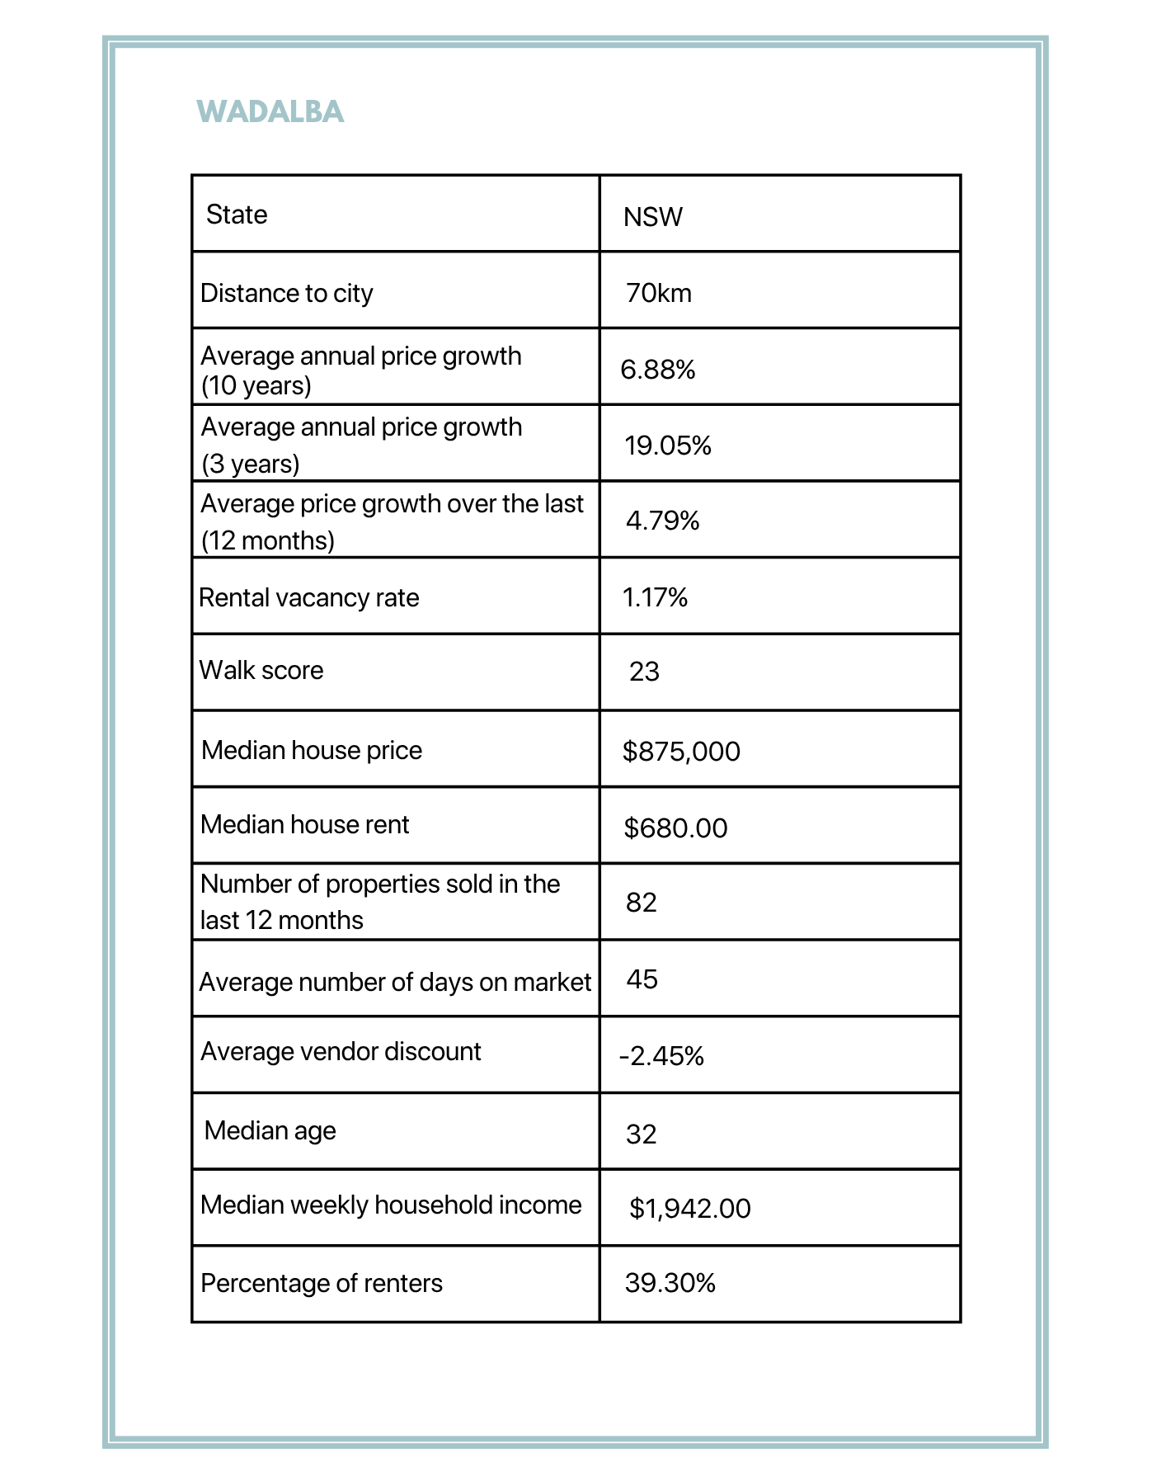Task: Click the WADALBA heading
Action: click(270, 111)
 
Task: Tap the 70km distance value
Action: click(658, 293)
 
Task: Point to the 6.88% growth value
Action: click(657, 370)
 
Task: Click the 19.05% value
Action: click(667, 446)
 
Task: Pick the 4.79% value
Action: click(662, 521)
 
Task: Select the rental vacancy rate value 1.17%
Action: click(655, 597)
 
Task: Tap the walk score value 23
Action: click(644, 672)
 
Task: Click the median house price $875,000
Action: click(681, 752)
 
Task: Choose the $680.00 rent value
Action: click(675, 828)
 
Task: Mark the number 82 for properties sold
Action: click(641, 903)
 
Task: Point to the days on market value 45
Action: click(642, 979)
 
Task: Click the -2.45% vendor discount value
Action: click(661, 1056)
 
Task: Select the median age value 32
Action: click(641, 1134)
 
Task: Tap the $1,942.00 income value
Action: click(689, 1209)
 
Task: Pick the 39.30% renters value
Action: click(670, 1283)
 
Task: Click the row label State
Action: click(237, 215)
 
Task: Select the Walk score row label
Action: click(261, 670)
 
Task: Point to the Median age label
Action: click(270, 1130)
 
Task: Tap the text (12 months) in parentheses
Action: click(268, 540)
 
